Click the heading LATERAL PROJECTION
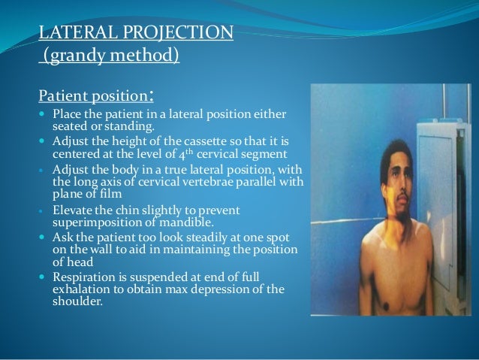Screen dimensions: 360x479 [x=136, y=33]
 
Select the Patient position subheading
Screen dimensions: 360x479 [x=93, y=97]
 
